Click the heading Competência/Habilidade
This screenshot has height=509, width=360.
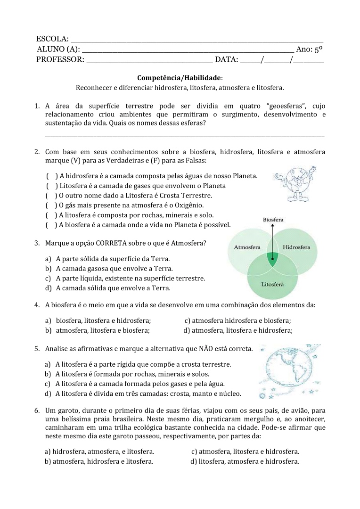point(180,77)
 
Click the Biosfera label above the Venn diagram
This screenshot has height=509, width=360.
point(273,220)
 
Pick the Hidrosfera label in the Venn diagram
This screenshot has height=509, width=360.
point(296,247)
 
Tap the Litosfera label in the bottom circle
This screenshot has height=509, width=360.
point(272,284)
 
